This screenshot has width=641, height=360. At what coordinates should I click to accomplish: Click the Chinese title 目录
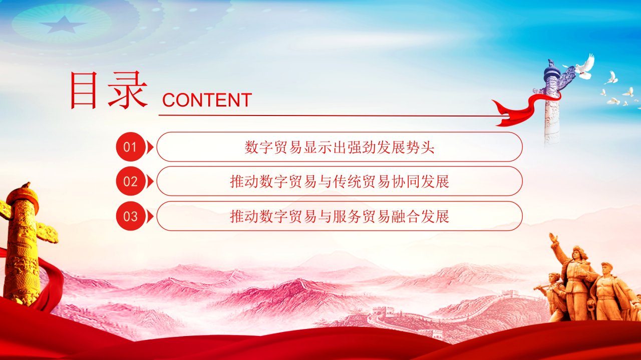[109, 90]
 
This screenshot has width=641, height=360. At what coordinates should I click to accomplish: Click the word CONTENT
[207, 100]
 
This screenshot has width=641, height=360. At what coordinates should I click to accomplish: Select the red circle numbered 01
[131, 147]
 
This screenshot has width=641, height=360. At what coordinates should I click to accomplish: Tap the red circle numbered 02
[131, 181]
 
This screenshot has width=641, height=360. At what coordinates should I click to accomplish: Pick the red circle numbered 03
[131, 216]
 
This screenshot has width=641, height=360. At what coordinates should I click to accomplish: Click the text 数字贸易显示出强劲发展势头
[340, 147]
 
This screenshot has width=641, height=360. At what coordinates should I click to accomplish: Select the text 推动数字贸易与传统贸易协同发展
[340, 182]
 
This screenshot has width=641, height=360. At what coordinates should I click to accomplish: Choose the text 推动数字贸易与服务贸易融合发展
[340, 216]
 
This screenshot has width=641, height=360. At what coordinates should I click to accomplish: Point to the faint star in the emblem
[63, 24]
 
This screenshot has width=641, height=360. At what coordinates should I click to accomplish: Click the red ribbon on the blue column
[524, 110]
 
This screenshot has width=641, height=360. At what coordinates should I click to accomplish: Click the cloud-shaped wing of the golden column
[47, 233]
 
